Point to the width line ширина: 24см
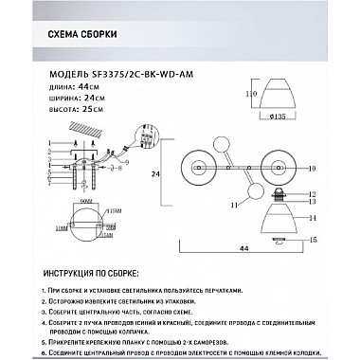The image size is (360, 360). point(74,97)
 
